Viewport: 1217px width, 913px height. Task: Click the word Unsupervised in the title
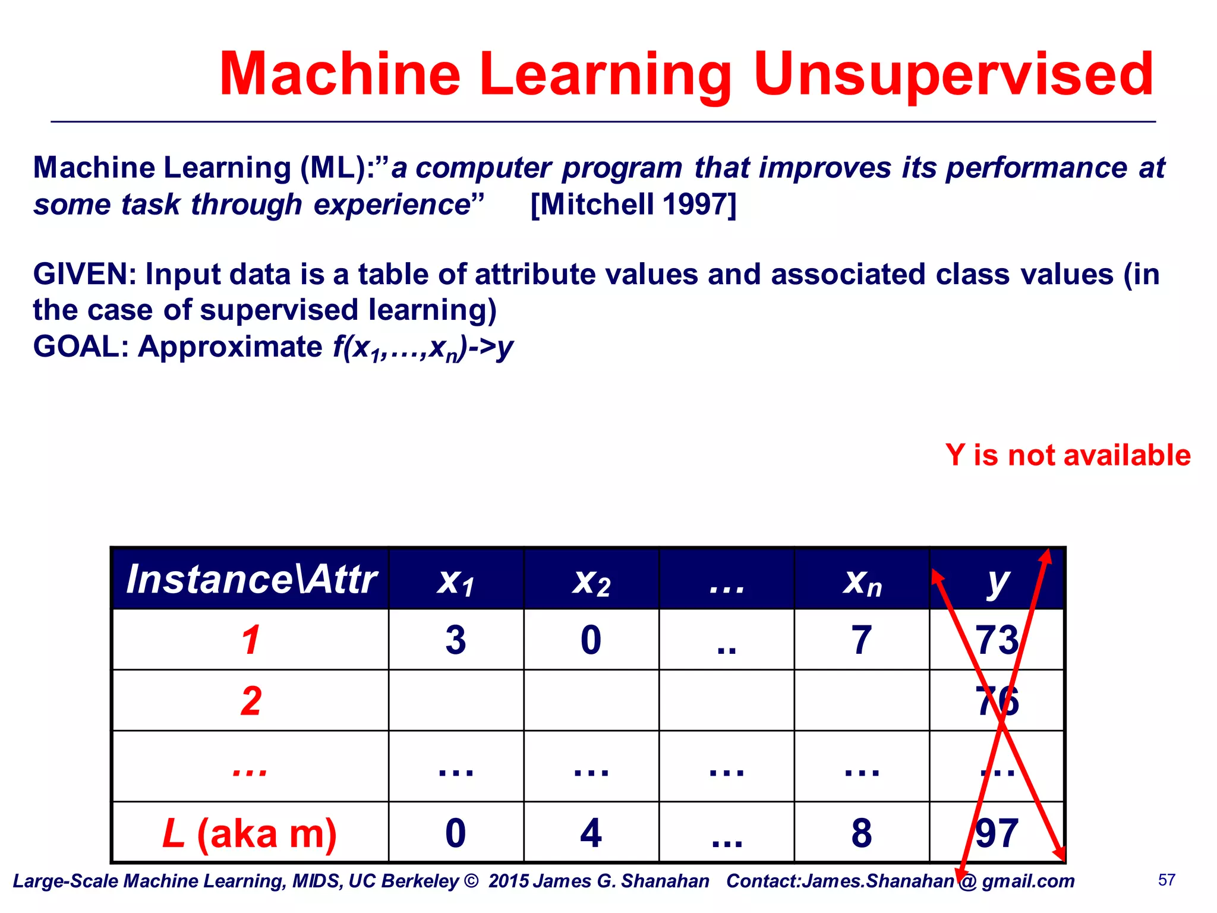(x=953, y=74)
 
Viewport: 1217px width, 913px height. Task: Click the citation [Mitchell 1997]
(x=633, y=204)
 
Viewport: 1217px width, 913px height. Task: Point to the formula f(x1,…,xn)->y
(x=423, y=347)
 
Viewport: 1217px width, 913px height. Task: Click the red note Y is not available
(x=1068, y=455)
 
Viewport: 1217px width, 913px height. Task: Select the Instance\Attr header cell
(x=251, y=580)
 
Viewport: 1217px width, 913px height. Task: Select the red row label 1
(x=251, y=641)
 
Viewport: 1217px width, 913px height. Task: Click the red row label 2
(x=251, y=701)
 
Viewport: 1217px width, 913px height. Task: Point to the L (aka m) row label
(x=250, y=833)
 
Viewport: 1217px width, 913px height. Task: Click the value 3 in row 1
(x=456, y=641)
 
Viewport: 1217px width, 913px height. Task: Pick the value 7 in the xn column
(x=862, y=641)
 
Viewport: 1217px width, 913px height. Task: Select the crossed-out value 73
(x=997, y=641)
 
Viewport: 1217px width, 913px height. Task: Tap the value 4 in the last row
(x=591, y=833)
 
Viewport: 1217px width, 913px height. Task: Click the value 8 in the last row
(x=862, y=833)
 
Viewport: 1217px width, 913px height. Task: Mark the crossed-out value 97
(x=997, y=833)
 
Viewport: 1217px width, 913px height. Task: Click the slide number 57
(x=1166, y=880)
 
